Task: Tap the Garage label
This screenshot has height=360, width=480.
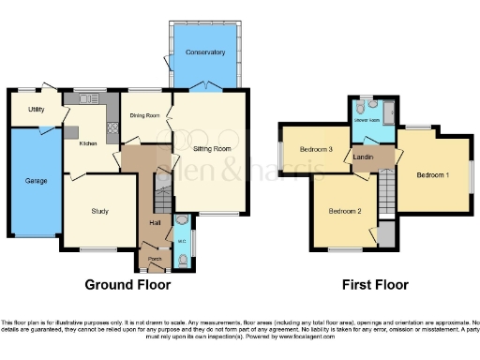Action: [x=37, y=182]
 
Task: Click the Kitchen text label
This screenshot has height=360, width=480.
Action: [x=87, y=143]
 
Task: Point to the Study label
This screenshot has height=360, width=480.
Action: [x=101, y=211]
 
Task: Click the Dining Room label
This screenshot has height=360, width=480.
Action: [x=145, y=115]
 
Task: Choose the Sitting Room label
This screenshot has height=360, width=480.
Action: [x=213, y=148]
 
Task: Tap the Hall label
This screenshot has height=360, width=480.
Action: [x=154, y=222]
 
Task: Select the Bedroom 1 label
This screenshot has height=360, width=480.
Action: [x=432, y=175]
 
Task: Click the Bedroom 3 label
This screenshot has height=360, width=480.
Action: [x=317, y=150]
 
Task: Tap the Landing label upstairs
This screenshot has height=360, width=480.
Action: [x=365, y=157]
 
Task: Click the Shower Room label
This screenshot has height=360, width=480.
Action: [x=366, y=121]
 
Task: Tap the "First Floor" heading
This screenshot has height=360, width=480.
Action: [x=371, y=284]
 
